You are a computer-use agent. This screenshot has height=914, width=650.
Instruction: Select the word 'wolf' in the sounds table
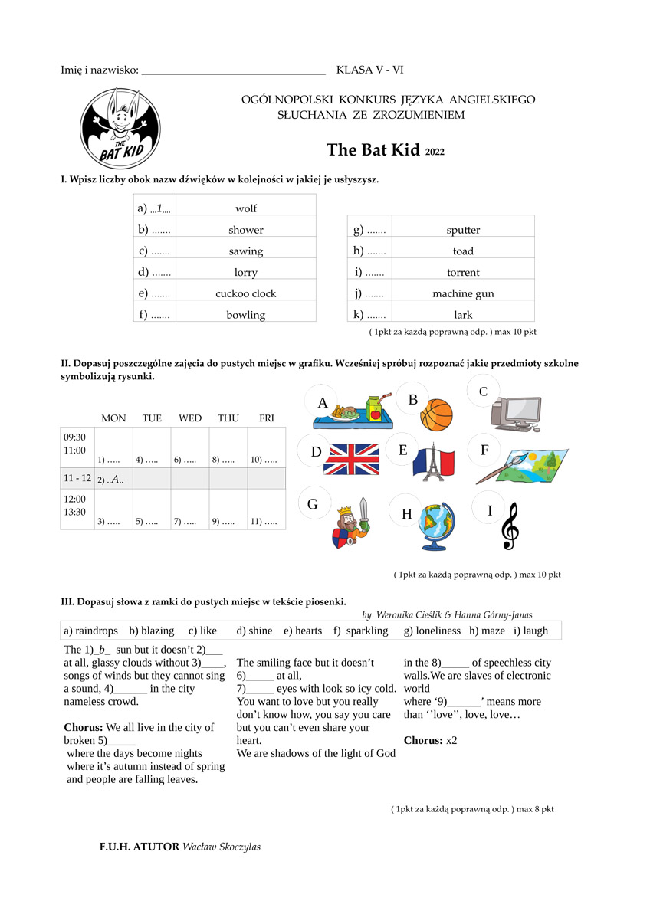pyautogui.click(x=246, y=208)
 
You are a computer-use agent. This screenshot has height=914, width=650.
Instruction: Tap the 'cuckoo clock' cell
pyautogui.click(x=246, y=293)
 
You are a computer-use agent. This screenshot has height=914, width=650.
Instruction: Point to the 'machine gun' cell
pyautogui.click(x=463, y=293)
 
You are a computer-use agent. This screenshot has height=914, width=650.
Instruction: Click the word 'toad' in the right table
pyautogui.click(x=463, y=251)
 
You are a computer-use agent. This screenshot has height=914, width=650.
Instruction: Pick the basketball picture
pyautogui.click(x=437, y=414)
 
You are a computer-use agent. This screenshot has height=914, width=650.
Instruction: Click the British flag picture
pyautogui.click(x=351, y=459)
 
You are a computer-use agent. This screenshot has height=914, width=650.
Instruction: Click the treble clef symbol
pyautogui.click(x=510, y=526)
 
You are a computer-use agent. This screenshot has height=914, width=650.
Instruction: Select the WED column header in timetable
pyautogui.click(x=190, y=418)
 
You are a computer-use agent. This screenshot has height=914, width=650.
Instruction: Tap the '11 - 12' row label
pyautogui.click(x=77, y=478)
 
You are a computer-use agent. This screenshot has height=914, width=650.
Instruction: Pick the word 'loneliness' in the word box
pyautogui.click(x=432, y=631)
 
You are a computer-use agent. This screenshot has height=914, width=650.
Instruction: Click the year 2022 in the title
pyautogui.click(x=434, y=152)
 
